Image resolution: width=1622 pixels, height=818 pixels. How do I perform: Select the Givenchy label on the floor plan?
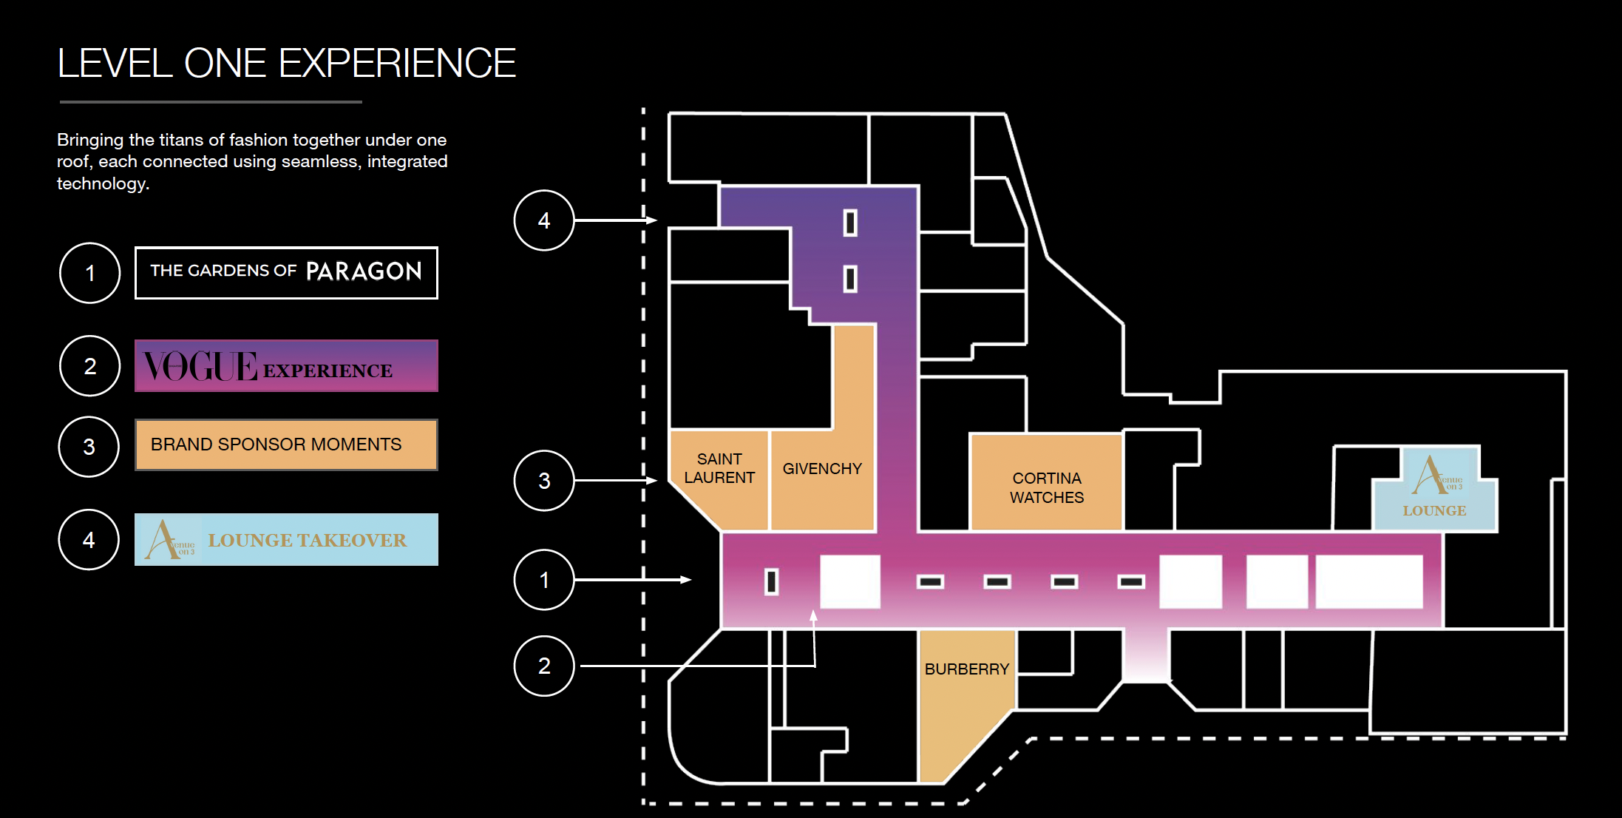coord(822,469)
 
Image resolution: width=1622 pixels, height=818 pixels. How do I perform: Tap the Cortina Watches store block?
coord(1046,487)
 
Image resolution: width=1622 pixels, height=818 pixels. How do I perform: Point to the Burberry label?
coord(966,669)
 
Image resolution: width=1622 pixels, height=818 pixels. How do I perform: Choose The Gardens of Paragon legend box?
coord(286,273)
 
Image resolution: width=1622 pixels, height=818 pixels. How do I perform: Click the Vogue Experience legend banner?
coord(286,366)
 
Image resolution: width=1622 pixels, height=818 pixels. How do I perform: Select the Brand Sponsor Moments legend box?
coord(286,445)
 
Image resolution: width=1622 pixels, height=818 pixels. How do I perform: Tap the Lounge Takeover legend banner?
coord(286,540)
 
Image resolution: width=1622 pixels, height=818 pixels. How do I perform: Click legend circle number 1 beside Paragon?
coord(89,273)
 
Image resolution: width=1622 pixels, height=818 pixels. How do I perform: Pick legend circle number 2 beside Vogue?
coord(89,366)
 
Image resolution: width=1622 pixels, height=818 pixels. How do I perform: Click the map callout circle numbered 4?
coord(544,220)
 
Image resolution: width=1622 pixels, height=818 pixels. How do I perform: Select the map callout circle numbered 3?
coord(544,481)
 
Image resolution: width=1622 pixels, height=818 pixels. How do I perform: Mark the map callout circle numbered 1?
coord(544,580)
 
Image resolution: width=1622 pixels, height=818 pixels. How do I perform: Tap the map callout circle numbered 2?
coord(544,666)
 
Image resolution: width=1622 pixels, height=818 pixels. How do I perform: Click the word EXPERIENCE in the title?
coord(398,64)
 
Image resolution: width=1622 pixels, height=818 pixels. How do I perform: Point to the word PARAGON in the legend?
coord(364,271)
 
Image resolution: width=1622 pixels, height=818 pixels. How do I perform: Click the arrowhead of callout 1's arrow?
coord(686,580)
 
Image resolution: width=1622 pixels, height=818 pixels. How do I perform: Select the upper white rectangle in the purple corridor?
coord(850,223)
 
